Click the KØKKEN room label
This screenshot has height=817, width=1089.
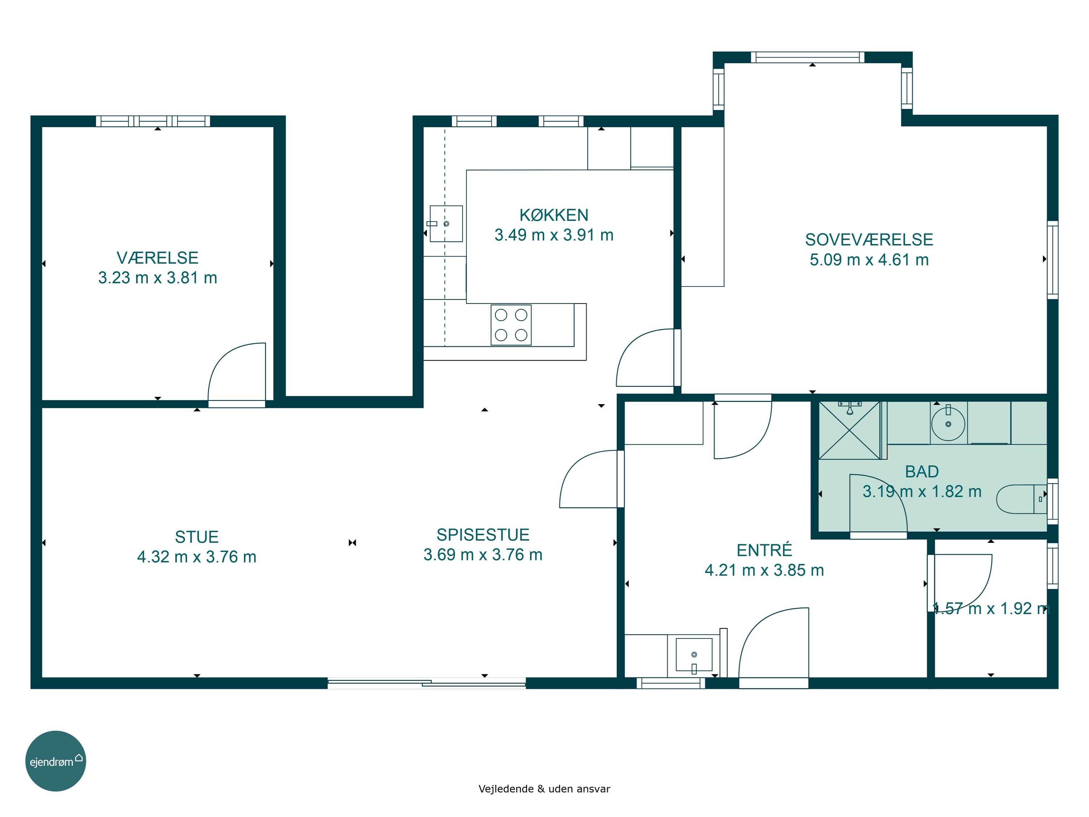tap(554, 215)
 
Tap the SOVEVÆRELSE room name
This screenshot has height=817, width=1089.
tap(869, 240)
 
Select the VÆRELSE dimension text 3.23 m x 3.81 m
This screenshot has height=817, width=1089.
tap(158, 278)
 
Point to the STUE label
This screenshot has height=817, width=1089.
tap(196, 537)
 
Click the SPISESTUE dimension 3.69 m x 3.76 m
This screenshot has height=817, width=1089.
tap(483, 554)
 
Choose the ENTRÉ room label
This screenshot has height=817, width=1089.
tap(764, 550)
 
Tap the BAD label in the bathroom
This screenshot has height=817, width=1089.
tap(922, 472)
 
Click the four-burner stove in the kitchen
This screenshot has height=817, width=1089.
tap(511, 325)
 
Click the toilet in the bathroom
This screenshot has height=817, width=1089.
tap(1021, 499)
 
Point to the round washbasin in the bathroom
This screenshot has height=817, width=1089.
tap(948, 423)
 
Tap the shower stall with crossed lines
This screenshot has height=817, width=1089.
tap(849, 430)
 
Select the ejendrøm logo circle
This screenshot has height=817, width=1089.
tap(56, 761)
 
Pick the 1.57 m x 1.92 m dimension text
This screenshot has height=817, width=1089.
tap(991, 609)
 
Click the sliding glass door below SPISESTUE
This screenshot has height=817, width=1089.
tap(427, 683)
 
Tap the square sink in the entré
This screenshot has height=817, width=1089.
tap(694, 655)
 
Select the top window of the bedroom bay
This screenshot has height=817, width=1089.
tap(807, 57)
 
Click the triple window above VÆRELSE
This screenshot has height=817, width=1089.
tap(152, 121)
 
